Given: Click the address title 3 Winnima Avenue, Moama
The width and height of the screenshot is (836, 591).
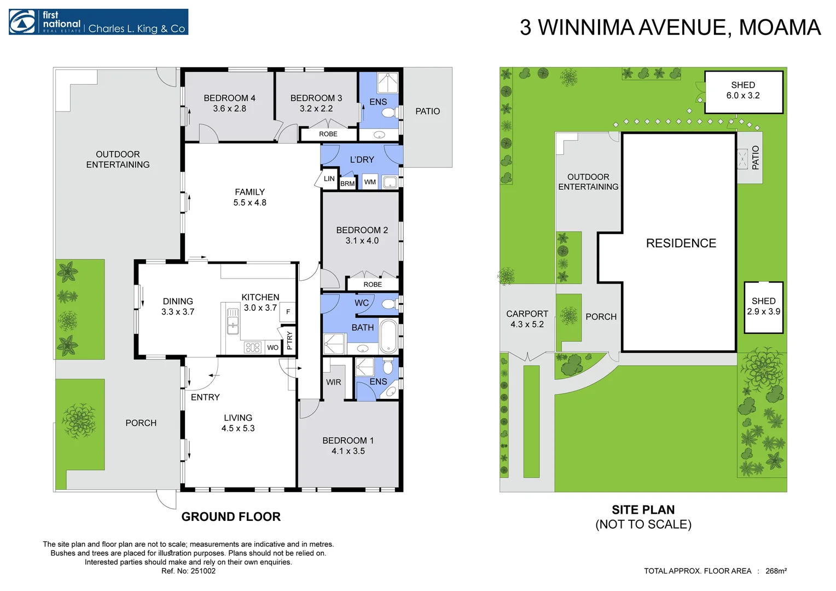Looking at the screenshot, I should click(670, 27).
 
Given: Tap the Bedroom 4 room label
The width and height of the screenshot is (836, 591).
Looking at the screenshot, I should click(229, 98).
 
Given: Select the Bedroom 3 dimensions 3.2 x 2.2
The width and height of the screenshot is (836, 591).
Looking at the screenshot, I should click(316, 109).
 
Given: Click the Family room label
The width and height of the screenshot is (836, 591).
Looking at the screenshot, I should click(249, 192).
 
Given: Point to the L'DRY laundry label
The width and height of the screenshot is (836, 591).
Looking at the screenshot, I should click(362, 160).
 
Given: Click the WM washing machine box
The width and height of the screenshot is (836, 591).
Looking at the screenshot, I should click(370, 182).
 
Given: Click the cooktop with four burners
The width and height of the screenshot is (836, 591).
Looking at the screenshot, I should click(252, 347).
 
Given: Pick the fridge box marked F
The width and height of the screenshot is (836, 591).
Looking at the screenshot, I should click(288, 312).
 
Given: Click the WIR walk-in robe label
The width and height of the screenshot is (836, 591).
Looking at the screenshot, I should click(333, 382).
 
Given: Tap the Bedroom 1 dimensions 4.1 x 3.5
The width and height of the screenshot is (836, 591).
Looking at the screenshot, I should click(348, 451).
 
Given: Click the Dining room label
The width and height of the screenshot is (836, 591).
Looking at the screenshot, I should click(178, 302).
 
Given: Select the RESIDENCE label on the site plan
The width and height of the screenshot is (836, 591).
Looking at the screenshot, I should click(681, 244).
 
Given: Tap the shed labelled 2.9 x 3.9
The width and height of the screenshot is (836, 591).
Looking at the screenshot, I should click(763, 307).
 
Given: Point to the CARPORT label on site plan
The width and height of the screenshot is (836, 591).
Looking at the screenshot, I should click(527, 314).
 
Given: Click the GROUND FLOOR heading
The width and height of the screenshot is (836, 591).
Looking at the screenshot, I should click(231, 517).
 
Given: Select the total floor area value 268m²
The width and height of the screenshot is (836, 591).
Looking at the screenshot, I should click(776, 571).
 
